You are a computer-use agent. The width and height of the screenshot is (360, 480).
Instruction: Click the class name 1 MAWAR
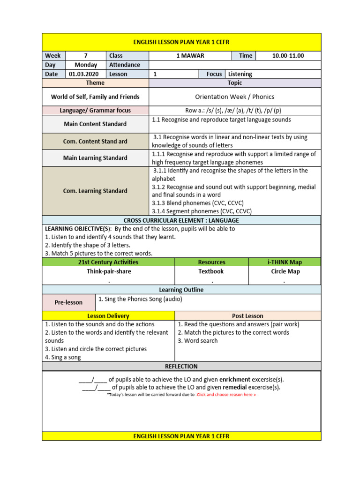pyautogui.click(x=190, y=56)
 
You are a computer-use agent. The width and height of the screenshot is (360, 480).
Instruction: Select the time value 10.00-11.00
pyautogui.click(x=288, y=56)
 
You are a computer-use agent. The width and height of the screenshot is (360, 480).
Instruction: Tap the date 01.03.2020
pyautogui.click(x=84, y=74)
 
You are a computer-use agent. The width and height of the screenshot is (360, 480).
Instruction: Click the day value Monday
pyautogui.click(x=86, y=65)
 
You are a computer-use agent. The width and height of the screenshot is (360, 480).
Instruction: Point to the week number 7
pyautogui.click(x=86, y=56)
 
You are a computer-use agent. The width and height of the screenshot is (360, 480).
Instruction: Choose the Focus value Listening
pyautogui.click(x=240, y=74)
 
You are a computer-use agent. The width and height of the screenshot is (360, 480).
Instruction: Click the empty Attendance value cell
pyautogui.click(x=234, y=65)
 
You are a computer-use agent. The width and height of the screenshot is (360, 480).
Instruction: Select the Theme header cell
pyautogui.click(x=95, y=83)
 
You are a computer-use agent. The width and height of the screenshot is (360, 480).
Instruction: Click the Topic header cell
pyautogui.click(x=234, y=83)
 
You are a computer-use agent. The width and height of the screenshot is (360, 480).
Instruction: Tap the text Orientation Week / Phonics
pyautogui.click(x=234, y=97)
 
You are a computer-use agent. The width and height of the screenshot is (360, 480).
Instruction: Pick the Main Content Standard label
pyautogui.click(x=95, y=124)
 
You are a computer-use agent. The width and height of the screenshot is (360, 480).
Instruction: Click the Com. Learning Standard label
pyautogui.click(x=95, y=191)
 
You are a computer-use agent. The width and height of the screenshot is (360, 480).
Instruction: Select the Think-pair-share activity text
pyautogui.click(x=109, y=271)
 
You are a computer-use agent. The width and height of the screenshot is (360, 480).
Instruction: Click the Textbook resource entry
pyautogui.click(x=211, y=271)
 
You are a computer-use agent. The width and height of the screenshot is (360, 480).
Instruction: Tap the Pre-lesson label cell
pyautogui.click(x=68, y=302)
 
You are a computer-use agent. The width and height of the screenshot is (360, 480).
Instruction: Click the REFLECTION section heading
pyautogui.click(x=181, y=366)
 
